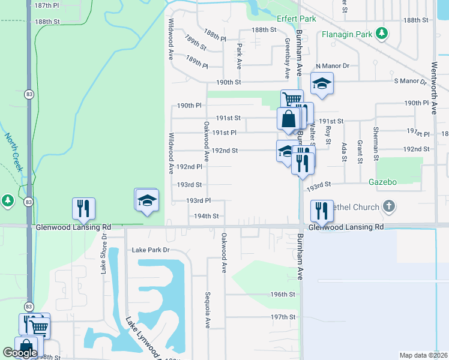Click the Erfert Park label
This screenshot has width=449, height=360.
pos(296,19)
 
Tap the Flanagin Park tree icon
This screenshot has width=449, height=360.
pos(381,33)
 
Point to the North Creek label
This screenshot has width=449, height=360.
pos(13,152)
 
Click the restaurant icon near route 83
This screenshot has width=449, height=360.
pos(83,208)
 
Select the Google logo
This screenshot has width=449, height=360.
pos(20,353)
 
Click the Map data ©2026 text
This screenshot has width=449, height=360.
pos(423,355)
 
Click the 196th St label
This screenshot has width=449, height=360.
pos(283,295)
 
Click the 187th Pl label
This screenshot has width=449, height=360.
pos(47,5)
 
